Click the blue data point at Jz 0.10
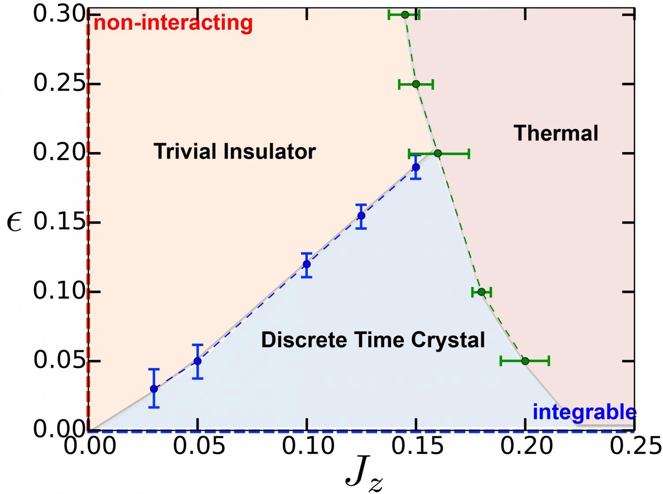coord(307,264)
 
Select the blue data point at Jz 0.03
coord(154,389)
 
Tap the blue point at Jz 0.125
coord(361,216)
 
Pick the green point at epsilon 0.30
coord(405,15)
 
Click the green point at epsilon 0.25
coord(416,84)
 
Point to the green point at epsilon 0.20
coord(438,153)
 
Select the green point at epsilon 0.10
coord(481,292)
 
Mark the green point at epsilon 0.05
coord(525,361)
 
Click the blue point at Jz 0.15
coord(416,167)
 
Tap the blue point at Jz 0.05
coord(198,361)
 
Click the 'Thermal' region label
coord(556,133)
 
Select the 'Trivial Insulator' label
coord(235,152)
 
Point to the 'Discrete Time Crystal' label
coord(373,340)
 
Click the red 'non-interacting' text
coord(173,23)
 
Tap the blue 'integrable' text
coord(584,412)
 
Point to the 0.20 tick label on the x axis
coord(526,447)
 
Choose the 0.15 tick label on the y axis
coord(59,222)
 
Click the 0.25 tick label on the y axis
coord(59,84)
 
